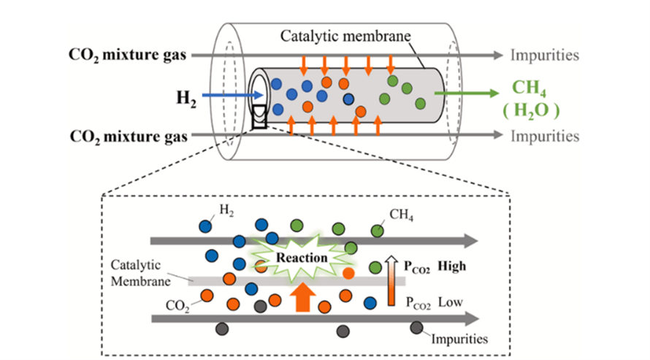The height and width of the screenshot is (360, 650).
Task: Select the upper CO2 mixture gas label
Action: pyautogui.click(x=129, y=55)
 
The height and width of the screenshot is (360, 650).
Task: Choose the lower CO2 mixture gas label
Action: pyautogui.click(x=129, y=136)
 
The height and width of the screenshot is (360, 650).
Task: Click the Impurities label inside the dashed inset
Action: pyautogui.click(x=459, y=338)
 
